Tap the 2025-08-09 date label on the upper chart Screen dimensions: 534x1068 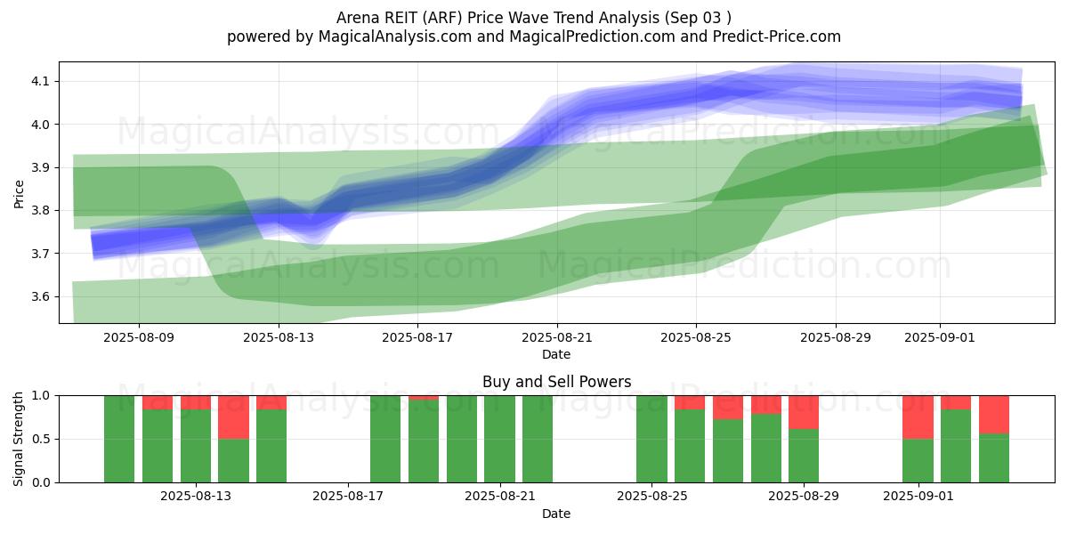(x=139, y=337)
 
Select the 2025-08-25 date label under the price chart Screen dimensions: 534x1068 (x=696, y=337)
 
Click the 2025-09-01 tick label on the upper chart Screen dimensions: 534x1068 (x=941, y=337)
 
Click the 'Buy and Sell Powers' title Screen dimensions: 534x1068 (x=556, y=382)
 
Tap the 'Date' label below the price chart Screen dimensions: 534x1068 (x=556, y=354)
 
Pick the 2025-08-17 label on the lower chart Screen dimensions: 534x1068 (x=347, y=497)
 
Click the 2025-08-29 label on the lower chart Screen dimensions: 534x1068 (x=804, y=497)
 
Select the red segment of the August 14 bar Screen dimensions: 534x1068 (x=233, y=417)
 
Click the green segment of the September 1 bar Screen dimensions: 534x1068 (x=918, y=460)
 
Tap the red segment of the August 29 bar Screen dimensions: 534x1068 (x=804, y=412)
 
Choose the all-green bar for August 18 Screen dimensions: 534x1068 (x=385, y=439)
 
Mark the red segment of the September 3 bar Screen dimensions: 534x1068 (x=994, y=414)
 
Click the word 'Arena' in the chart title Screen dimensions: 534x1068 (x=357, y=18)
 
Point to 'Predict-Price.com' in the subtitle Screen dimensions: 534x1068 (x=779, y=36)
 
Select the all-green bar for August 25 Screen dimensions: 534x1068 (x=651, y=439)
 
